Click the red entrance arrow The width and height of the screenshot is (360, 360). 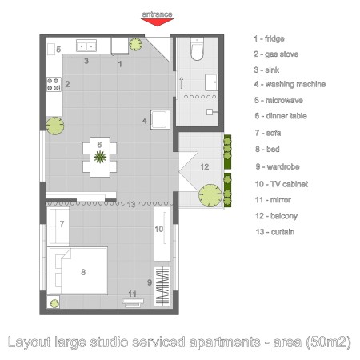(157, 22)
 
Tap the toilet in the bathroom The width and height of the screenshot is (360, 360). (197, 49)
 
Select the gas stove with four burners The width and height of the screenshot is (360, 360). (54, 84)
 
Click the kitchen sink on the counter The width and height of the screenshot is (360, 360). (86, 46)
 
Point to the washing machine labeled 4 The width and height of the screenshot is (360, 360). (160, 119)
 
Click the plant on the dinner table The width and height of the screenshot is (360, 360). (100, 157)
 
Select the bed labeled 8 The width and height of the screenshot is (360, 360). (78, 270)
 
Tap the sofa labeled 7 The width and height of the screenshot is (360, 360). (58, 226)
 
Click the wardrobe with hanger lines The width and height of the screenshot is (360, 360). (162, 286)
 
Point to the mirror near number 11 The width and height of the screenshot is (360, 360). (133, 302)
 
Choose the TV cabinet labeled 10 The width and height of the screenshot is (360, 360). (162, 234)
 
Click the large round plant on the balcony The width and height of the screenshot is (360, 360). (210, 195)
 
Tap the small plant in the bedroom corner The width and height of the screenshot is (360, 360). (54, 303)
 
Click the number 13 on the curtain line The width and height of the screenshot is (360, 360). (131, 205)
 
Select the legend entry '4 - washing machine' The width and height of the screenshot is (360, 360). (290, 84)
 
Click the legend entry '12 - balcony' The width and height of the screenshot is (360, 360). (276, 216)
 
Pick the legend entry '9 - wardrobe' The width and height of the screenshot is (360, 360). (278, 166)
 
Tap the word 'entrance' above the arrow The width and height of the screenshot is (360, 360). (157, 14)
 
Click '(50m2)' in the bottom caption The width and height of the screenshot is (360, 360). (328, 342)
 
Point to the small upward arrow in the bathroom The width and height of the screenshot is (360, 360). (182, 83)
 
